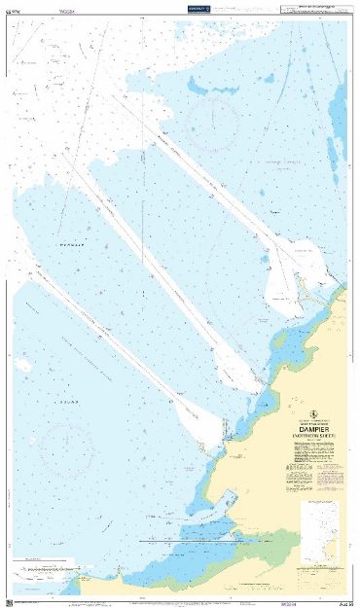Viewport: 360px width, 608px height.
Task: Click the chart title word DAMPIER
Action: point(308,425)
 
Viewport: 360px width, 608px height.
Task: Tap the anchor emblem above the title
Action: point(308,410)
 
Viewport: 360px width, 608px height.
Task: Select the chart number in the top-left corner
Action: point(15,9)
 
